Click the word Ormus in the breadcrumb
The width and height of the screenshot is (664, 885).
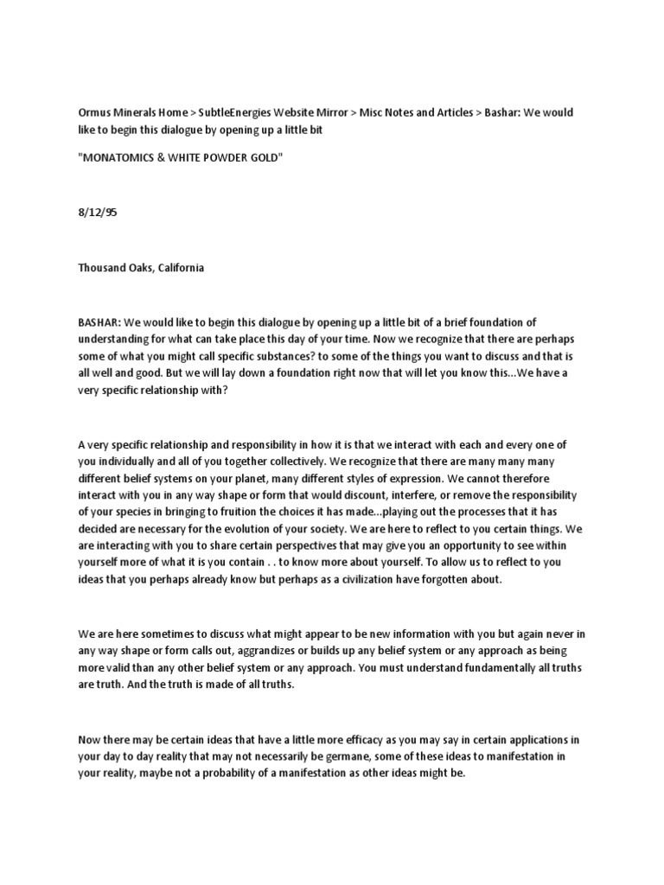[95, 113]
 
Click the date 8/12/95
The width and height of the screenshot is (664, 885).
[97, 212]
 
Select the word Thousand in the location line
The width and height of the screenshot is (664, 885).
[102, 268]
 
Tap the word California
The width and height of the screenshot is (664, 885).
[177, 268]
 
